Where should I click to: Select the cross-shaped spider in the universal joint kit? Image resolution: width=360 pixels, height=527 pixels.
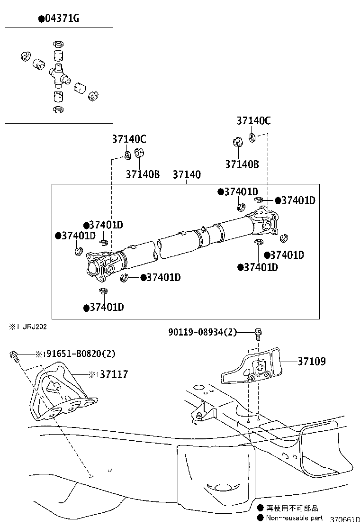click(x=58, y=73)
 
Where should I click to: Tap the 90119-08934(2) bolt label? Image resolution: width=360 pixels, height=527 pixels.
click(x=202, y=333)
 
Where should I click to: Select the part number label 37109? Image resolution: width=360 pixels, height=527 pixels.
click(x=312, y=362)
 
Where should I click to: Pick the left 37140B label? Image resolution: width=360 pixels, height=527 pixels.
click(x=142, y=174)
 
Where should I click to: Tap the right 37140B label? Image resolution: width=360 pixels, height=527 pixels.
click(x=242, y=164)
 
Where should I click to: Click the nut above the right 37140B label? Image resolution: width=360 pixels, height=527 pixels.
click(x=237, y=141)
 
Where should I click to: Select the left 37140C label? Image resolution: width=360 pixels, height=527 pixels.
click(x=129, y=139)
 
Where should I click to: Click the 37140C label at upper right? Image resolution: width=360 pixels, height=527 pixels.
click(x=253, y=121)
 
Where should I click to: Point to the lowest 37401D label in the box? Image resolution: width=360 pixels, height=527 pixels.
click(x=104, y=308)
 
